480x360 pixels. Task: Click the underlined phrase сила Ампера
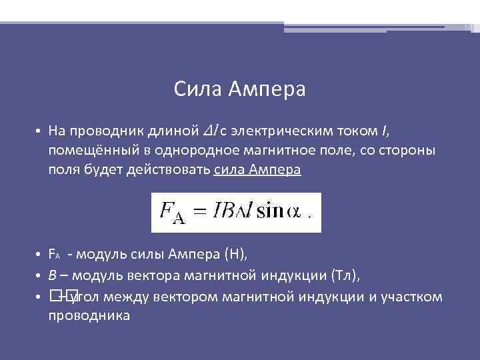pyautogui.click(x=257, y=169)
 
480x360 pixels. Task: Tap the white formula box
pyautogui.click(x=236, y=213)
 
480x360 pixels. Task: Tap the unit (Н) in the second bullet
pyautogui.click(x=235, y=254)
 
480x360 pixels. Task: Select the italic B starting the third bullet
pyautogui.click(x=52, y=275)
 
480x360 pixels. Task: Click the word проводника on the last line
pyautogui.click(x=89, y=315)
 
